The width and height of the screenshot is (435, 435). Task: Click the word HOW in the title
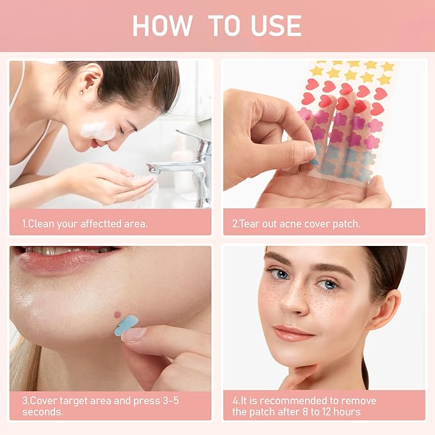(162, 26)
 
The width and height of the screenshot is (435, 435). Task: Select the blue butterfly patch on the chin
(126, 325)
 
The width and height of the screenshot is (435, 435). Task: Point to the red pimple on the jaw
(117, 313)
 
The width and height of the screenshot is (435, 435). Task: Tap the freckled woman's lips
(293, 332)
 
